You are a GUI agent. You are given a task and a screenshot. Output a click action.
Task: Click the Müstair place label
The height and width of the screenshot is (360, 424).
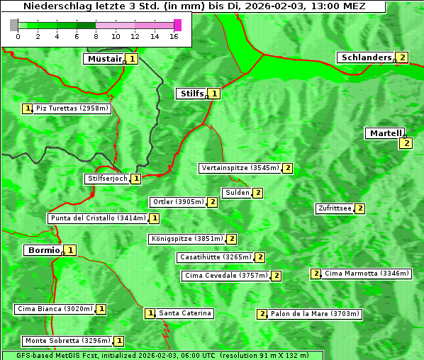click(x=104, y=59)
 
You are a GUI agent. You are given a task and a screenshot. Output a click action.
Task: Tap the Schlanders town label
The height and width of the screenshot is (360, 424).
click(x=366, y=57)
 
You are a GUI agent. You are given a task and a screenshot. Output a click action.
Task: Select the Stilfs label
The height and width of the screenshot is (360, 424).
click(x=191, y=93)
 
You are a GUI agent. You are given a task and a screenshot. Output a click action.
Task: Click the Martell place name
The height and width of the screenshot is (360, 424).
click(x=385, y=133)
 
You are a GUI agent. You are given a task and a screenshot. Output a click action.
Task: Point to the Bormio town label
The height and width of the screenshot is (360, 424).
click(x=43, y=250)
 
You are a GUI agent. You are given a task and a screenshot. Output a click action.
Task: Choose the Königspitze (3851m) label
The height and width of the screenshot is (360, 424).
click(x=186, y=239)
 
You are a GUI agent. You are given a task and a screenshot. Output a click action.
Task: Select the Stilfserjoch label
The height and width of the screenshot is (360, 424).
click(x=107, y=179)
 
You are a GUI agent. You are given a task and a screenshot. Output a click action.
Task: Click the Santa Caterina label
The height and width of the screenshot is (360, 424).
click(x=185, y=313)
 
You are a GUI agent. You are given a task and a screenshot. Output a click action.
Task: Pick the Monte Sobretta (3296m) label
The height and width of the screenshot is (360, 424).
click(x=67, y=341)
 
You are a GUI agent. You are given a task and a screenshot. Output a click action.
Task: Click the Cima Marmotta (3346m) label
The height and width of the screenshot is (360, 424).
click(x=367, y=274)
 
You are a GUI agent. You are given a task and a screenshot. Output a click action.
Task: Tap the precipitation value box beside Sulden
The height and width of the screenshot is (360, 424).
click(x=258, y=193)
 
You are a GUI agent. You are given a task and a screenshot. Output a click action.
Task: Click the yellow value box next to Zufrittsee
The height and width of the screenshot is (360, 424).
click(x=360, y=208)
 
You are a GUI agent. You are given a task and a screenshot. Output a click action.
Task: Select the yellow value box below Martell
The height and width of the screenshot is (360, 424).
click(x=406, y=143)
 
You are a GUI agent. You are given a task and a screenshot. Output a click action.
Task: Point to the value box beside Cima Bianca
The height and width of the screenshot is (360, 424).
click(x=101, y=309)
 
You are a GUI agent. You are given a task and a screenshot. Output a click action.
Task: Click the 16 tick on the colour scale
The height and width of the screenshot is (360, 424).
click(x=174, y=36)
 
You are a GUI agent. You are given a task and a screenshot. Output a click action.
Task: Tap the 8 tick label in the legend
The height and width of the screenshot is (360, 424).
click(x=96, y=36)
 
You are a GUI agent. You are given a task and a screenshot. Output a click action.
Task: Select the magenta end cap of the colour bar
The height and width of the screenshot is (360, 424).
click(x=177, y=25)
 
